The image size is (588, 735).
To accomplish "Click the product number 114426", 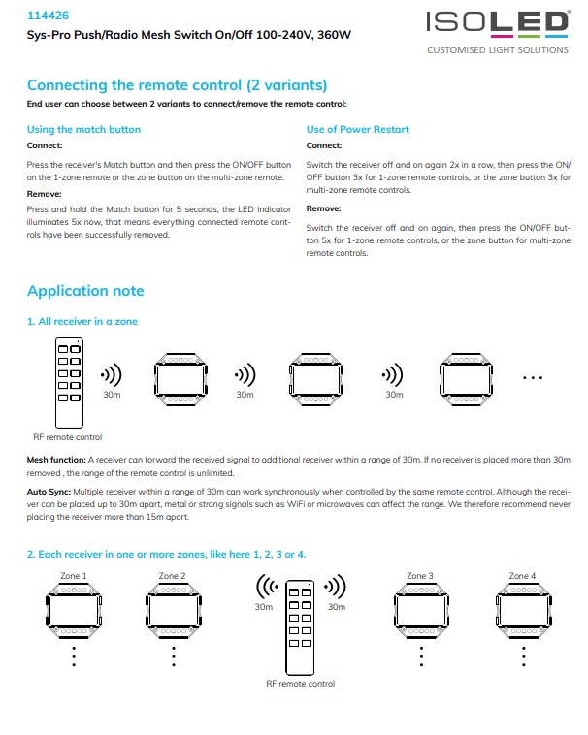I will (x=47, y=16).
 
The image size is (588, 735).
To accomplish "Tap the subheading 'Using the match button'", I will (x=83, y=129).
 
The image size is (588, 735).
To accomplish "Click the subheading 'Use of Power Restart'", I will (x=358, y=129).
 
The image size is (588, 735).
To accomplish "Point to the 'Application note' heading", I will (x=85, y=291).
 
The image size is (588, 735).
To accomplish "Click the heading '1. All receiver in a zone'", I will (x=82, y=321).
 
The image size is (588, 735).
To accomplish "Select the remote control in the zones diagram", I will (x=300, y=624).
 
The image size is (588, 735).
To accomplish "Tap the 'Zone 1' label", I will (x=74, y=576).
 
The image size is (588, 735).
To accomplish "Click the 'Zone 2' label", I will (x=172, y=576).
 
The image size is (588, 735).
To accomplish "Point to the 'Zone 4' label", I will (x=520, y=576).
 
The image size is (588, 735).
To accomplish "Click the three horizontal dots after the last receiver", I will (x=534, y=376).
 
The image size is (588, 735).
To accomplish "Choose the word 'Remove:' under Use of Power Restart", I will (x=323, y=208).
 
